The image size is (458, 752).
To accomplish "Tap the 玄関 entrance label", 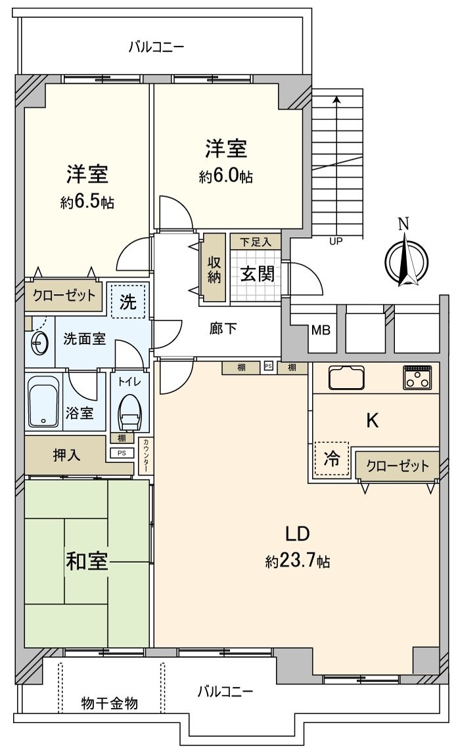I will pyautogui.click(x=256, y=275).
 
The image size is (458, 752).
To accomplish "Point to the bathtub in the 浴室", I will pyautogui.click(x=44, y=401).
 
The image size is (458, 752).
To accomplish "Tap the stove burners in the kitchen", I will pyautogui.click(x=418, y=377).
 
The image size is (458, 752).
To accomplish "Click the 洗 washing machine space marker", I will pyautogui.click(x=128, y=302).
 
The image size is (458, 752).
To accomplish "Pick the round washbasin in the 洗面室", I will pyautogui.click(x=40, y=341).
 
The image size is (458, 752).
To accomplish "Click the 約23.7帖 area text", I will pyautogui.click(x=298, y=562).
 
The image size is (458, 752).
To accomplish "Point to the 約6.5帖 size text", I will pyautogui.click(x=87, y=202).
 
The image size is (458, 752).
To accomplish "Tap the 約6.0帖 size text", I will pyautogui.click(x=226, y=177).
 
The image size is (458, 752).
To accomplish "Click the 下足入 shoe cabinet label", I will pyautogui.click(x=255, y=241).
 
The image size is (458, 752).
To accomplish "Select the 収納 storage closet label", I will pyautogui.click(x=214, y=268).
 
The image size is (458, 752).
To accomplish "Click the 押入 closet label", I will pyautogui.click(x=67, y=454).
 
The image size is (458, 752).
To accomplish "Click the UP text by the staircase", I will pyautogui.click(x=336, y=241).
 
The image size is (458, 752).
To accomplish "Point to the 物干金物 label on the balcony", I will pyautogui.click(x=109, y=703).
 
